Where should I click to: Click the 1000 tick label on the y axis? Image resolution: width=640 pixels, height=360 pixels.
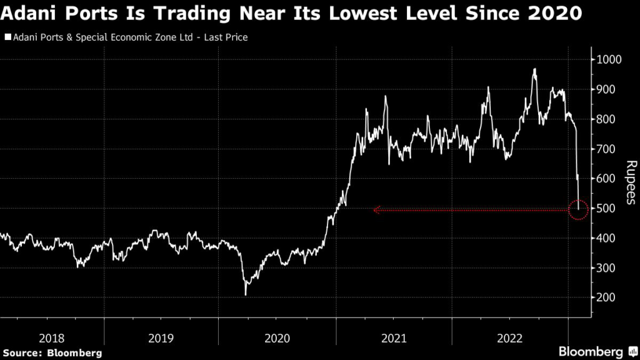pyautogui.click(x=609, y=59)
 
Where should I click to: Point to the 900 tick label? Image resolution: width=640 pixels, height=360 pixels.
pyautogui.click(x=606, y=89)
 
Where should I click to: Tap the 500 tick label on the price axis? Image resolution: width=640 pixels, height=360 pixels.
pyautogui.click(x=606, y=208)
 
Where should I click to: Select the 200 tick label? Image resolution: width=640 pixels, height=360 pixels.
pyautogui.click(x=606, y=297)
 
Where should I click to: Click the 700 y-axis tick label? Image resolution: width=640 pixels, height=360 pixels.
pyautogui.click(x=606, y=149)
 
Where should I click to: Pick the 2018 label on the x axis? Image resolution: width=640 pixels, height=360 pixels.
pyautogui.click(x=52, y=338)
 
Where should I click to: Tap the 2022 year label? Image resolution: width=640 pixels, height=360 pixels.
pyautogui.click(x=509, y=338)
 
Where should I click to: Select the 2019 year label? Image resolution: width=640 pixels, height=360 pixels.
pyautogui.click(x=161, y=338)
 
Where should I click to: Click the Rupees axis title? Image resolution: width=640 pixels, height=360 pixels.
pyautogui.click(x=630, y=182)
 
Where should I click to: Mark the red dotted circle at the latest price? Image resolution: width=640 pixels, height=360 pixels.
pyautogui.click(x=579, y=210)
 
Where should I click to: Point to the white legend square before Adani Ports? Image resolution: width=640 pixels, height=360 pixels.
pyautogui.click(x=7, y=38)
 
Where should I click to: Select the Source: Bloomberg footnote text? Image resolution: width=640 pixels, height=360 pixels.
pyautogui.click(x=52, y=353)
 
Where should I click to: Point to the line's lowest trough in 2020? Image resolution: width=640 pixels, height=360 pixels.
pyautogui.click(x=246, y=294)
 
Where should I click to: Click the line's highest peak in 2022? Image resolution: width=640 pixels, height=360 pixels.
pyautogui.click(x=535, y=69)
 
